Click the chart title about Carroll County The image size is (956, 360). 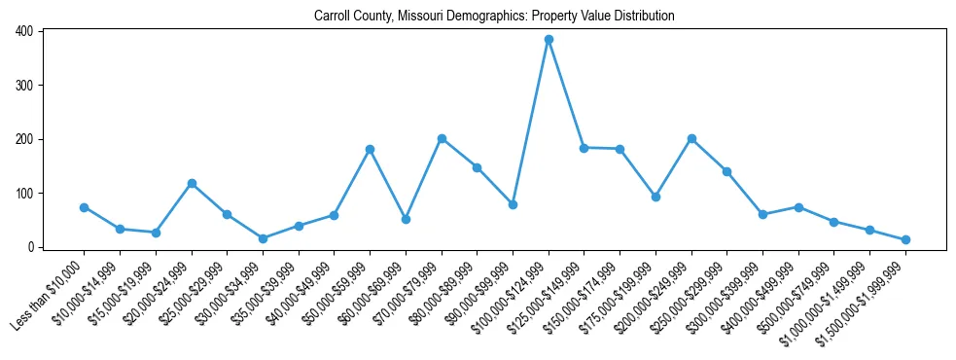(494, 17)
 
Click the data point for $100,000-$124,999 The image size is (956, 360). (549, 40)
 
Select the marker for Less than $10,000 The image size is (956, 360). (84, 207)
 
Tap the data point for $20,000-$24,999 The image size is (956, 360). (192, 183)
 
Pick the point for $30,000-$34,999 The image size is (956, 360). (263, 238)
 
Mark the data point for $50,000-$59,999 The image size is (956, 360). (370, 149)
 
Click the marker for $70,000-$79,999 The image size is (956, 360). (442, 138)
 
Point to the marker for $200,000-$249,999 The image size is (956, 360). (691, 138)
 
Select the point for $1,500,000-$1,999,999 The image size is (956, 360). (905, 239)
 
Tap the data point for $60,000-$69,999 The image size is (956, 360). (406, 219)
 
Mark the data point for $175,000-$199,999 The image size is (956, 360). (655, 197)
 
